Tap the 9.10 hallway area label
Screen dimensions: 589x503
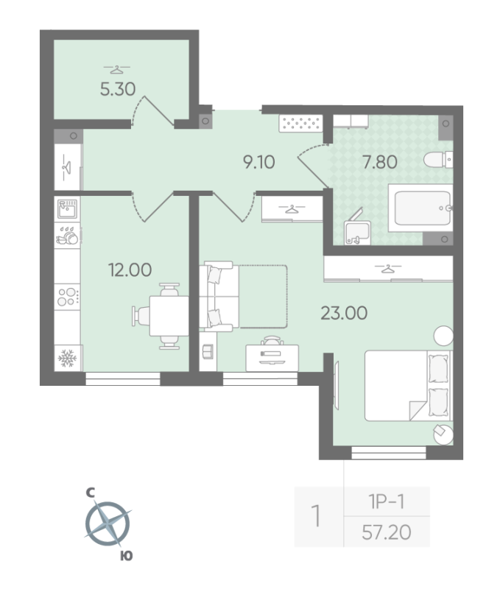point(259,161)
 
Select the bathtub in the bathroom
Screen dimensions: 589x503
point(419,208)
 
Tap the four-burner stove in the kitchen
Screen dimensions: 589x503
point(68,296)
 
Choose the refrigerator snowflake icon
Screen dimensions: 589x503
point(68,357)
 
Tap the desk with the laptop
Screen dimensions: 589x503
point(274,354)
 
